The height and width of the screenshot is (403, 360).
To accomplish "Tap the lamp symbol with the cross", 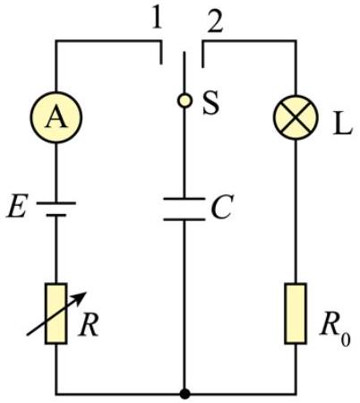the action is point(296,117).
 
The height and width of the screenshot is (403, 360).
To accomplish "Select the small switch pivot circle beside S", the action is point(184,100).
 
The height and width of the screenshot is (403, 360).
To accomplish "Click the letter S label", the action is point(210,103).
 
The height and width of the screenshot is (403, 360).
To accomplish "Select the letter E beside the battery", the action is point(17,206).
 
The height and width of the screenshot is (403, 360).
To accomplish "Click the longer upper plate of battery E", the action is point(56,203).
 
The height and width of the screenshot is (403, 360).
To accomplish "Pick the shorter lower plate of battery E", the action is point(56,215).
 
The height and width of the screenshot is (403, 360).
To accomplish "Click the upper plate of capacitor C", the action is point(184,199).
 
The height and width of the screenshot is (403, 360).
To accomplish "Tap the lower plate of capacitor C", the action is point(184,219).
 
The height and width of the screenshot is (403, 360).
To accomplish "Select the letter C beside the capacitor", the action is point(222,207).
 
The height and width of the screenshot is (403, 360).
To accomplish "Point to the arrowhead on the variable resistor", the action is point(81,297).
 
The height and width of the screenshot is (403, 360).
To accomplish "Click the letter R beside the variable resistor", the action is point(89,324).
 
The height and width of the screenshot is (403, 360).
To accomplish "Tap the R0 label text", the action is point(335,328).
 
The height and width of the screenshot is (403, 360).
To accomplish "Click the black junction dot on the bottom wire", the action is point(184,394).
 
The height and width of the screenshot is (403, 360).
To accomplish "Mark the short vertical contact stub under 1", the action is point(161,53).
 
